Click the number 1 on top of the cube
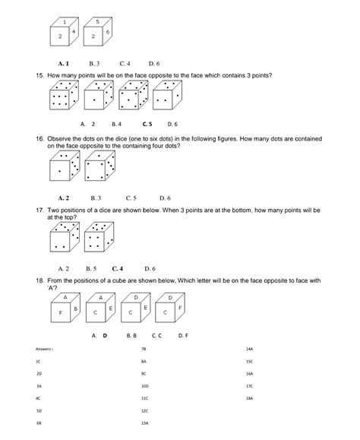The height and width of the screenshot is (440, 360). pyautogui.click(x=65, y=21)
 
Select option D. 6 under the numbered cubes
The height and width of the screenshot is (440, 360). pyautogui.click(x=153, y=63)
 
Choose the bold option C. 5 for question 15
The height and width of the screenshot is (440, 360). pyautogui.click(x=147, y=123)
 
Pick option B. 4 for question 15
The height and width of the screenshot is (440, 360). pyautogui.click(x=116, y=123)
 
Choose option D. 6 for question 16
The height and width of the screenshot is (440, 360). pyautogui.click(x=164, y=198)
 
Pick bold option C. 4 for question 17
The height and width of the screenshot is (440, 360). pyautogui.click(x=117, y=268)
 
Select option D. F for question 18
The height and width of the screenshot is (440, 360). pyautogui.click(x=184, y=334)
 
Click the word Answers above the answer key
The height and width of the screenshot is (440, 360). pyautogui.click(x=44, y=349)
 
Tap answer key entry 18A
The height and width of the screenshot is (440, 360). pyautogui.click(x=249, y=398)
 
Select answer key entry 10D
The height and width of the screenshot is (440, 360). pyautogui.click(x=144, y=386)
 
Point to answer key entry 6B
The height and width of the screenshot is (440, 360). pyautogui.click(x=38, y=422)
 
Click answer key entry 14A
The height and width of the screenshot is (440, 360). pyautogui.click(x=249, y=349)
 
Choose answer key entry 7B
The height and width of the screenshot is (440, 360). pyautogui.click(x=144, y=349)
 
